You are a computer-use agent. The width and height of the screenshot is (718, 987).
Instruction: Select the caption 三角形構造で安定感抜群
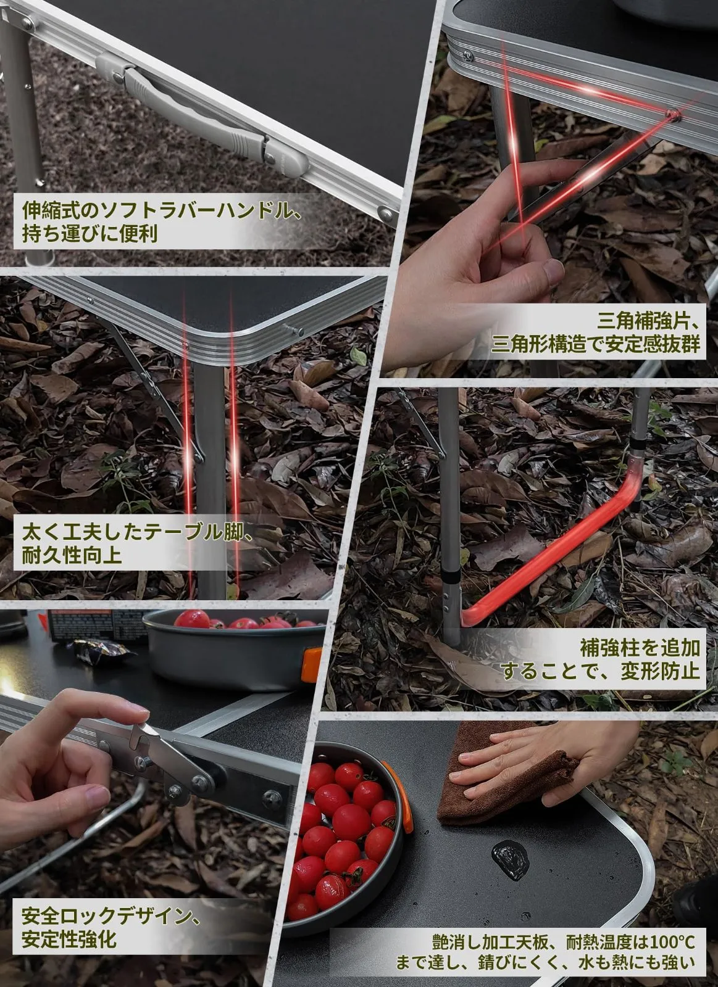tap(596, 344)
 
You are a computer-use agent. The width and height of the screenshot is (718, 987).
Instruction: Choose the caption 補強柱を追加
tap(640, 648)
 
